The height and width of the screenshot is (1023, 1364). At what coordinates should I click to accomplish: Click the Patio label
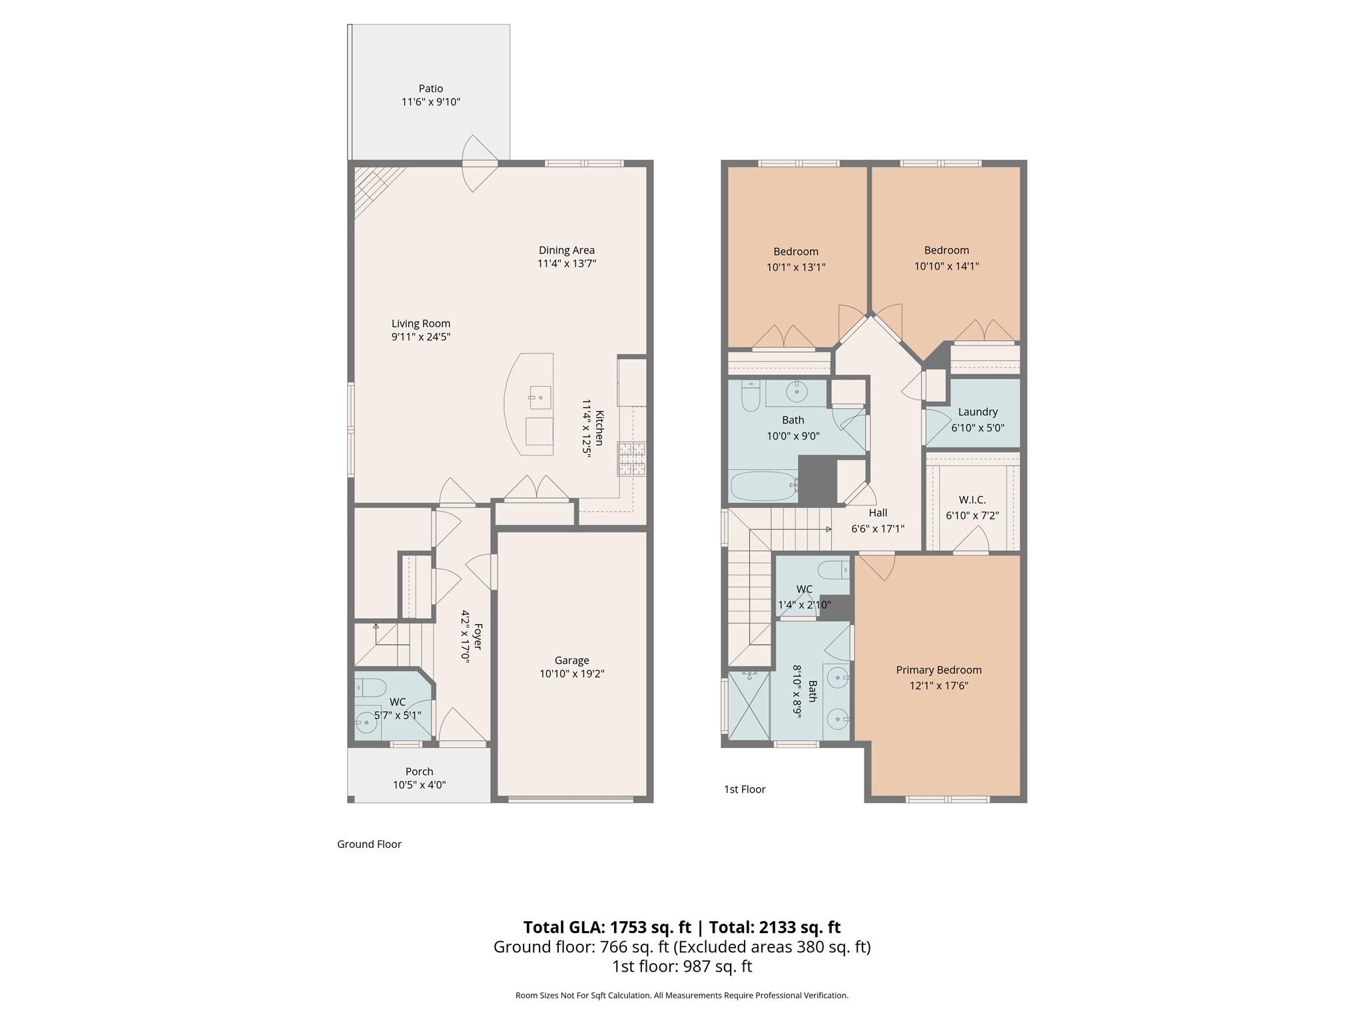click(430, 89)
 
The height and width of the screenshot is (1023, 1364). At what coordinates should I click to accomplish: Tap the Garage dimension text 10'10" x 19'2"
click(571, 674)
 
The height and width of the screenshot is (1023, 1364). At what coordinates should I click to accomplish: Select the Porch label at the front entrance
click(419, 771)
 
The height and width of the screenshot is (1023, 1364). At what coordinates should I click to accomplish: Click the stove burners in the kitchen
click(631, 459)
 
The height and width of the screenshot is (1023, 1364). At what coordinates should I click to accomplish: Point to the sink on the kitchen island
click(539, 398)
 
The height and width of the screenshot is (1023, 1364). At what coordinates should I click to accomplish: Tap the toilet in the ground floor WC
click(370, 687)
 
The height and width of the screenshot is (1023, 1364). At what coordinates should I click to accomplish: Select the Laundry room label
click(977, 412)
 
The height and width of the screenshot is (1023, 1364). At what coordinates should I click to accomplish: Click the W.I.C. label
click(972, 500)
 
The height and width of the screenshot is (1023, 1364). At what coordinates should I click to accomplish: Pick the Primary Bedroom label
click(938, 670)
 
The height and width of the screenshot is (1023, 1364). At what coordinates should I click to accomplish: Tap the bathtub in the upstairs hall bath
click(763, 486)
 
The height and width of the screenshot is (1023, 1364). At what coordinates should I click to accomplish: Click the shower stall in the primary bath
click(749, 705)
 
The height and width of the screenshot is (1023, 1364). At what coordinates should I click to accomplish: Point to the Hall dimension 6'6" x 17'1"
click(877, 529)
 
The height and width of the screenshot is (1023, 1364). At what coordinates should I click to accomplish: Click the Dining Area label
click(566, 250)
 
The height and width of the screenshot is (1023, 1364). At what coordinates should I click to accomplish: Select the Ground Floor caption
click(369, 844)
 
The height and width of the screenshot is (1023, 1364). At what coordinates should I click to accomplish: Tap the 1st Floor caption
click(744, 789)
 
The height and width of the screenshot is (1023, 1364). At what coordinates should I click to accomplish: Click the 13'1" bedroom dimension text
click(796, 268)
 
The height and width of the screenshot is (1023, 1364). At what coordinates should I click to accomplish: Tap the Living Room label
click(420, 324)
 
